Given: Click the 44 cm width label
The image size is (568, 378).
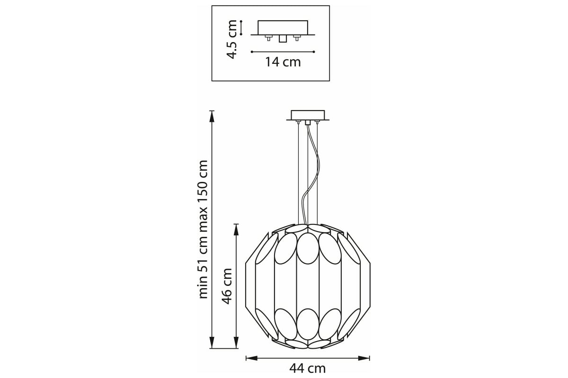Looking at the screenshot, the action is tap(307, 369).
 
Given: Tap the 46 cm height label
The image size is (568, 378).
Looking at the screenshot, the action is tap(227, 286).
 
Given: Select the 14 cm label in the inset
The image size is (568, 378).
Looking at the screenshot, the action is tap(283, 62).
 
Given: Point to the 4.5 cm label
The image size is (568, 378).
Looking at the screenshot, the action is tap(232, 40).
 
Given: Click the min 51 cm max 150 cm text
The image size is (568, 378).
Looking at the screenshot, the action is tap(203, 229).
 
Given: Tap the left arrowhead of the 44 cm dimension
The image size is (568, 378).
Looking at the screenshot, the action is tap(251, 358).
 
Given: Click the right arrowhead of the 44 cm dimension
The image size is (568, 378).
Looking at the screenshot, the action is tap(364, 358).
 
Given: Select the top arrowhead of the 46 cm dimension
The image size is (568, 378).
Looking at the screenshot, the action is tap(236, 230).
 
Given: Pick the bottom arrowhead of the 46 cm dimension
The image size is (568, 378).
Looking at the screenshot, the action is tap(236, 343).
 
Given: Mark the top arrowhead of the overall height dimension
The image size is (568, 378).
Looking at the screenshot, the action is tap(212, 116).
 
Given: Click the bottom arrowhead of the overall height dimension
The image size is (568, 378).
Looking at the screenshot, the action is tap(212, 343).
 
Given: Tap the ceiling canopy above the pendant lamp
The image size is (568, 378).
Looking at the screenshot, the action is tap(308, 115).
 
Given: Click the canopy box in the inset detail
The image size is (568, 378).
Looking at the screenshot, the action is tap(283, 27).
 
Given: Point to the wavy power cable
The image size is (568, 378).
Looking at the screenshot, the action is tap(311, 175).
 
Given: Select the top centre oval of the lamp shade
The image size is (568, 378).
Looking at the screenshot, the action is tap(308, 249).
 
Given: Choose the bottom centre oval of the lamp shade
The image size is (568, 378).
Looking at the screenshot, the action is tap(308, 324).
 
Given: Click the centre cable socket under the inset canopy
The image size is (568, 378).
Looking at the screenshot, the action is tap(283, 39).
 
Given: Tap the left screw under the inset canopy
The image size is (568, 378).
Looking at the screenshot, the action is tap(268, 38).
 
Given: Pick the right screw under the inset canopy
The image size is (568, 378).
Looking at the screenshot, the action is tap(297, 38).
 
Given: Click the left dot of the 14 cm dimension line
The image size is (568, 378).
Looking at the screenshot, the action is tap(252, 52).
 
